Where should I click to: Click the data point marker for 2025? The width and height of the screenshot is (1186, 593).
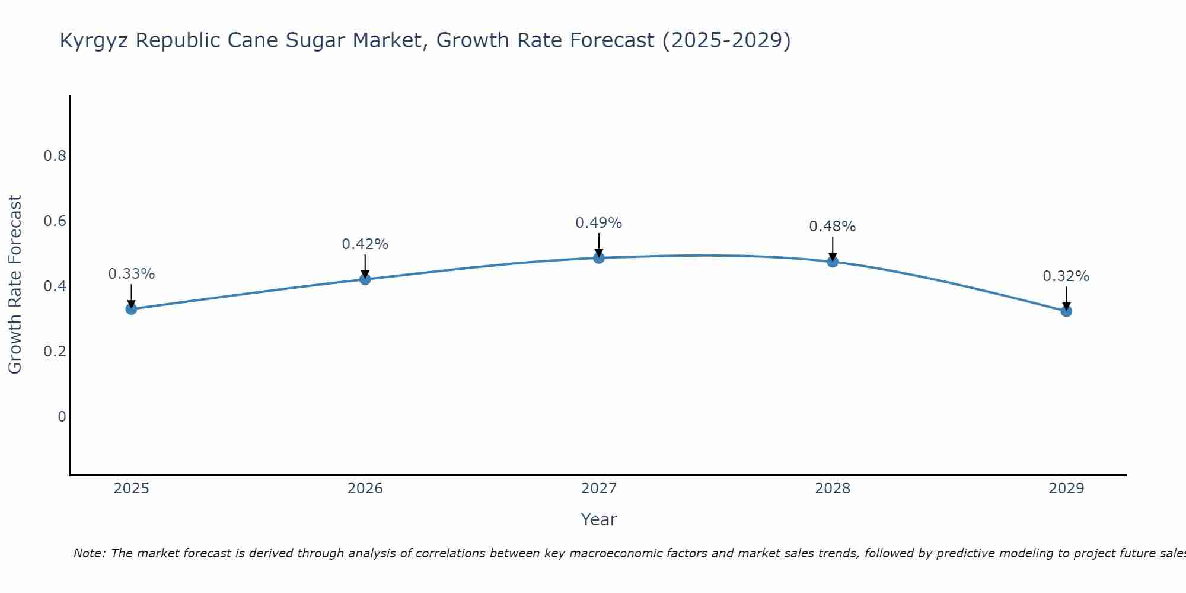[x=131, y=309]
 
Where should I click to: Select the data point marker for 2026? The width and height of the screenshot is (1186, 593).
[x=365, y=279]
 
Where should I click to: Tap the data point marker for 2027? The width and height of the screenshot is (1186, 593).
[x=598, y=257]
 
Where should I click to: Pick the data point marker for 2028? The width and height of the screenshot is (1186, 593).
[x=832, y=262]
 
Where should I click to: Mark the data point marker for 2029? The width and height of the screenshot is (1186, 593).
[x=1066, y=311]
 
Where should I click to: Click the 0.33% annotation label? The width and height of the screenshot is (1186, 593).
[x=131, y=274]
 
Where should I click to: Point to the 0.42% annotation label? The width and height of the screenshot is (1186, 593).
[x=365, y=244]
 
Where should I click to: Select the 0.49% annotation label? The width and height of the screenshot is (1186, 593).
[x=598, y=223]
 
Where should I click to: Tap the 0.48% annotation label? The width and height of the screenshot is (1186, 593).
[x=832, y=227]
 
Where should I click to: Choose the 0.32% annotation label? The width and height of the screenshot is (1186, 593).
[x=1066, y=276]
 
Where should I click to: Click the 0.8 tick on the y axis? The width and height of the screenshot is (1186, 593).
[x=55, y=156]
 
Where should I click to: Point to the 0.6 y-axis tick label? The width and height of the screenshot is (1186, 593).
[x=55, y=221]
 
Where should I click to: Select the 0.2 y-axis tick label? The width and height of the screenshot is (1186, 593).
[x=55, y=352]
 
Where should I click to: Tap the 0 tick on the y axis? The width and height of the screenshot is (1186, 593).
[x=62, y=417]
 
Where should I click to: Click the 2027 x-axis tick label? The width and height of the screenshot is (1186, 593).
[x=598, y=489]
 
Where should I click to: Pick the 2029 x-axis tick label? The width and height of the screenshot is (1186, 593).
[x=1066, y=489]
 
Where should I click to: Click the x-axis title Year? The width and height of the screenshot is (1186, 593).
[x=598, y=519]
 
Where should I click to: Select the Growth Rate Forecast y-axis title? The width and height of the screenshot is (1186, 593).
[x=15, y=284]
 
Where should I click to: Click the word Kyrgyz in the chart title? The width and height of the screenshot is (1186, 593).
[x=94, y=41]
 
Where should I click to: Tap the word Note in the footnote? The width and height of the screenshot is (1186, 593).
[x=88, y=553]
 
